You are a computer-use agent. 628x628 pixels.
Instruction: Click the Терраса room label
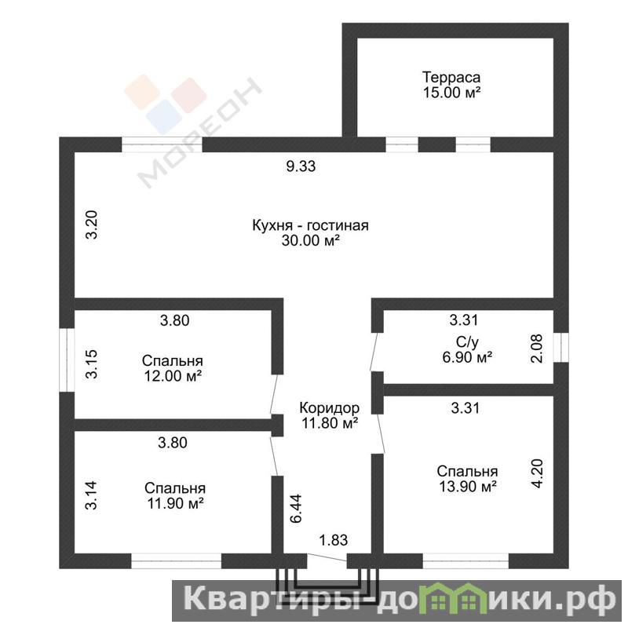tap(451, 78)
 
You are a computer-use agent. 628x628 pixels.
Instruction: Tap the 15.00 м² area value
tap(452, 93)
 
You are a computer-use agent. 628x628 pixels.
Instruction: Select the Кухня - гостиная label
tap(310, 225)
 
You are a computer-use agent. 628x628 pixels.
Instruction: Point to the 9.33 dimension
tap(301, 166)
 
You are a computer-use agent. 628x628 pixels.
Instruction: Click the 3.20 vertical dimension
tap(92, 225)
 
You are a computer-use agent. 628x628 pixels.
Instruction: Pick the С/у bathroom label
tap(467, 342)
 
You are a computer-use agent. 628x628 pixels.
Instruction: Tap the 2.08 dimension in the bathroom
tap(536, 349)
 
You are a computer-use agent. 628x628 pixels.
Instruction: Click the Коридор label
tap(330, 408)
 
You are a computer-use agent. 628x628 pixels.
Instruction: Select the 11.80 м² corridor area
tap(330, 423)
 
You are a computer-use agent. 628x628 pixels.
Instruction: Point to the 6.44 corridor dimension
tap(296, 509)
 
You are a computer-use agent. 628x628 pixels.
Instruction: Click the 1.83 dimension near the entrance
tap(333, 540)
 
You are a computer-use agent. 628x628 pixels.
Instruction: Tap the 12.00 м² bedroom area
tap(173, 376)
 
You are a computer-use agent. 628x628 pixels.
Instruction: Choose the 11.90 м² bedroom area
tap(175, 503)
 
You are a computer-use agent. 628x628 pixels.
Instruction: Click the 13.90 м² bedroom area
tap(468, 487)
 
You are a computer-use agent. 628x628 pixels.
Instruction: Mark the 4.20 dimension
tap(537, 473)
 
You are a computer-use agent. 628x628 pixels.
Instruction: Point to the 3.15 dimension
tap(92, 364)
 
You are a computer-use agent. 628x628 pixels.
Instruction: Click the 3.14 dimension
tap(91, 495)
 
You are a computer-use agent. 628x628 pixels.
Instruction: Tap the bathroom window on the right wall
tap(560, 347)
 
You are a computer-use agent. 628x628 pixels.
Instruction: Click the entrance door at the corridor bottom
tap(327, 557)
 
